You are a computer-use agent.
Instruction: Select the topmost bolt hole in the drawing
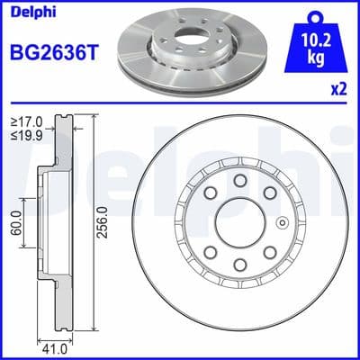pyautogui.click(x=240, y=183)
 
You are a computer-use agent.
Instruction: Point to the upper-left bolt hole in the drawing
pyautogui.click(x=210, y=195)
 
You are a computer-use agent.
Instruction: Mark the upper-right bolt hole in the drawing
pyautogui.click(x=271, y=195)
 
